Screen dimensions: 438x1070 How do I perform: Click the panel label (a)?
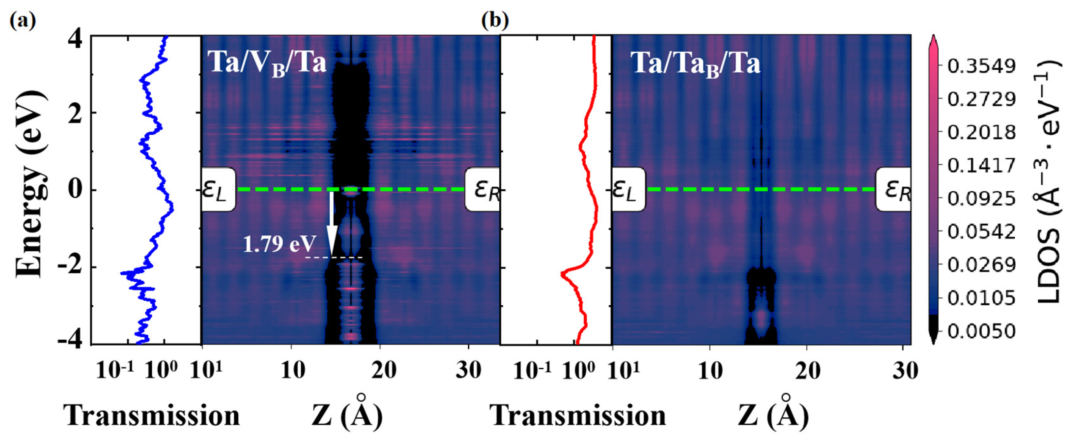coord(22,20)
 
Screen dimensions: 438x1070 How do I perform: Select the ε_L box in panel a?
coord(218,190)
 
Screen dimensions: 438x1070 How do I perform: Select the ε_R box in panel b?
coord(893,190)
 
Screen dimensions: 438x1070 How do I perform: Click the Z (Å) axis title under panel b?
coord(773,415)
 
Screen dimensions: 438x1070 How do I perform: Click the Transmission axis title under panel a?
coord(152,415)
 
